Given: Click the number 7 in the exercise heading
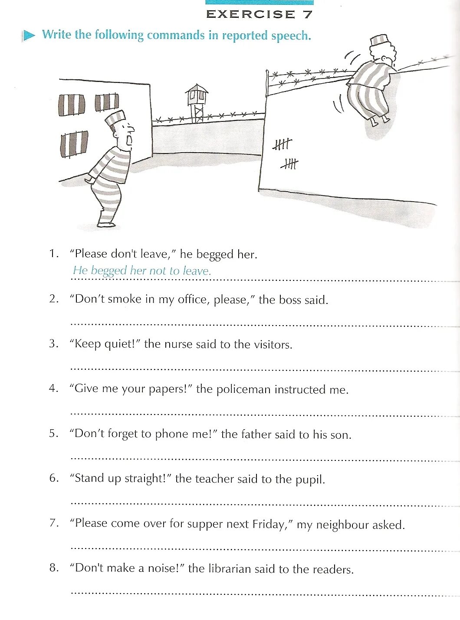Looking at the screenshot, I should [308, 14].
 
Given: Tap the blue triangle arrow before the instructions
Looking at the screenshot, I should [29, 35].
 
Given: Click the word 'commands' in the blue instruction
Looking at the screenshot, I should [175, 35].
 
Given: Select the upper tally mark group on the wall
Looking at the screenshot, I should [283, 144].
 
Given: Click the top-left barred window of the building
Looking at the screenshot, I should [72, 104].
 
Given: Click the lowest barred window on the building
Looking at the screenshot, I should [74, 144].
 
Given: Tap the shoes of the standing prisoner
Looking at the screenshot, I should [106, 224].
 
